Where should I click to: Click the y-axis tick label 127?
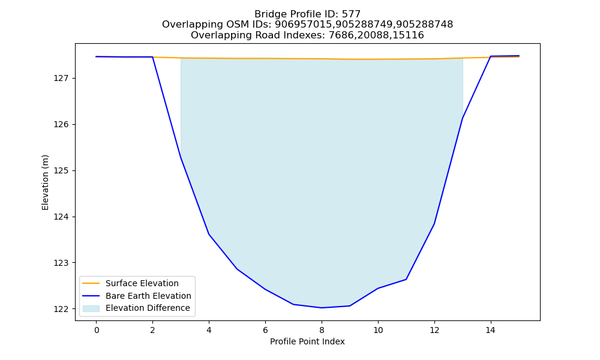point(61,79)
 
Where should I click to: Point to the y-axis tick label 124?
point(61,217)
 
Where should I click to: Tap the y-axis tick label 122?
point(61,309)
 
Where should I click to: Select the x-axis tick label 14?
point(490,330)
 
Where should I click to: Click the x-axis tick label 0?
point(97,330)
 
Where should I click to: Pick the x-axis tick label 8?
point(322,330)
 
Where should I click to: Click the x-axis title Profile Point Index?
point(307,341)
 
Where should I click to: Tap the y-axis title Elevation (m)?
point(45,182)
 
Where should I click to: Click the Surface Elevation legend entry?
point(130,283)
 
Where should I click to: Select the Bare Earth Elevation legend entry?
point(136,296)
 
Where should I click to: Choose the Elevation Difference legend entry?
point(135,308)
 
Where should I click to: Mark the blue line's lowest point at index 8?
point(322,308)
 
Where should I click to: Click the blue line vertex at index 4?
point(209,234)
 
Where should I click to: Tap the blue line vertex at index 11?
point(406,279)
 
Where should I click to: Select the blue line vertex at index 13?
point(463,118)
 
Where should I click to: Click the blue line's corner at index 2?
point(152,57)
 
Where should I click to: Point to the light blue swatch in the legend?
point(91,308)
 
